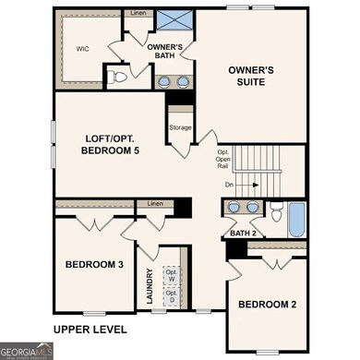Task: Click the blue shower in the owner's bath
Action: (172, 21)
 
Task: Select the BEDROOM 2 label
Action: (269, 304)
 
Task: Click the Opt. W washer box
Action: (171, 274)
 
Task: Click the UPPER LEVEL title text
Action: (90, 329)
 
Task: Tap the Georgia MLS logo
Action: (27, 351)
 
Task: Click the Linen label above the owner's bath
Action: (138, 14)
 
